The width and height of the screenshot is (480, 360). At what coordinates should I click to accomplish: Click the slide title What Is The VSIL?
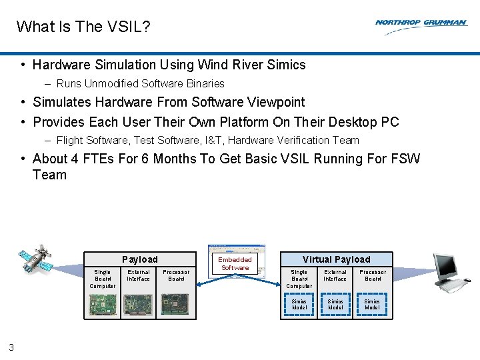(x=83, y=27)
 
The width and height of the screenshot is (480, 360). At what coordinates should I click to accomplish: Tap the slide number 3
(x=11, y=347)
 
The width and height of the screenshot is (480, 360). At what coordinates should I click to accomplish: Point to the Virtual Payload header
(x=336, y=259)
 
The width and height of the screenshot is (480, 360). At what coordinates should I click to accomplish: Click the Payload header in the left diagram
(x=140, y=259)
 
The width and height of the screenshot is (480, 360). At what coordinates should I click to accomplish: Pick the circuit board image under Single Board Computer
(x=103, y=305)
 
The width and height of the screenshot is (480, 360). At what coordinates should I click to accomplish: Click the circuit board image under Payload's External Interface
(x=139, y=305)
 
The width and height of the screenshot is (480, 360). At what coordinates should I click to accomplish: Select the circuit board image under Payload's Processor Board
(x=176, y=305)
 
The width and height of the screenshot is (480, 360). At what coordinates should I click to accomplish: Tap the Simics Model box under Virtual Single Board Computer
(x=299, y=305)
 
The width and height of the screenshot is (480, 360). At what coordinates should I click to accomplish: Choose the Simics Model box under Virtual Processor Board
(x=372, y=305)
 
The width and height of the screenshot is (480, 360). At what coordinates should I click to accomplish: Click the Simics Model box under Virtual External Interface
(x=335, y=305)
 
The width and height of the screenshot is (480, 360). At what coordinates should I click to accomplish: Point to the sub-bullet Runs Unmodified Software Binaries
(x=140, y=83)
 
